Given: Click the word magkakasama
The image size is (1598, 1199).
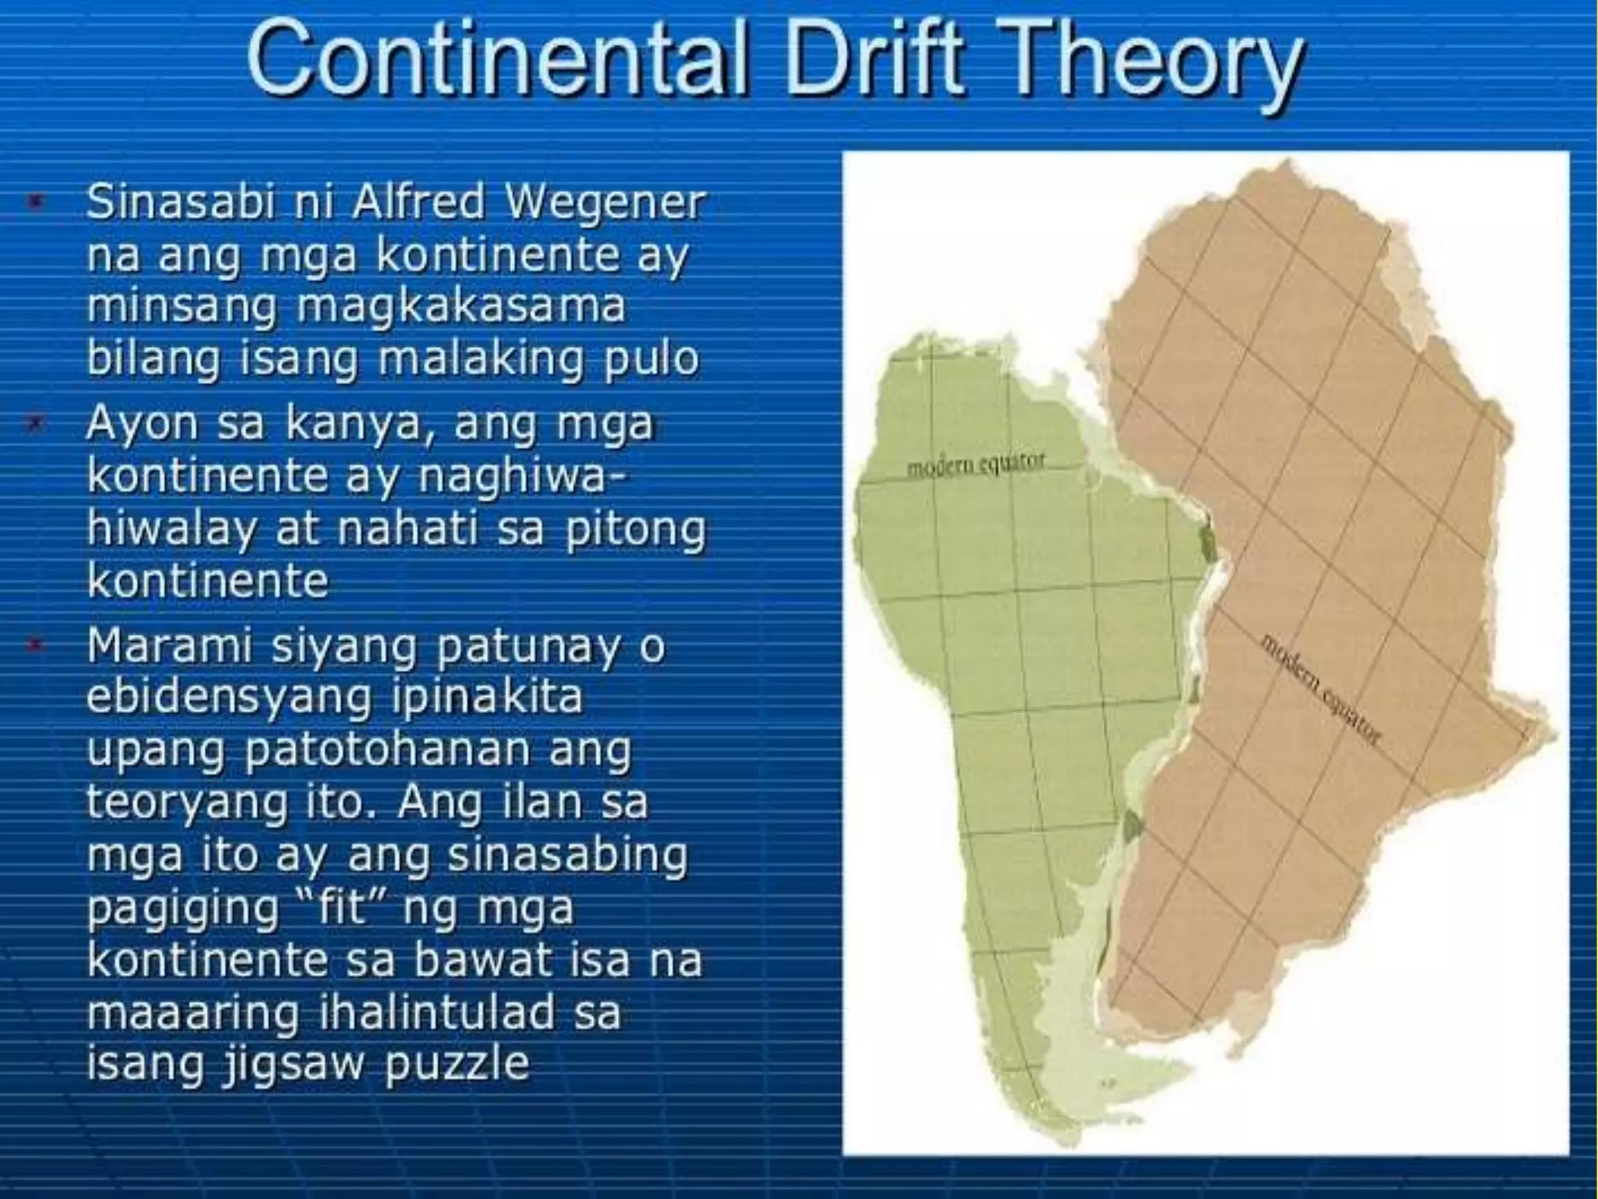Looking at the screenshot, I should (x=461, y=307).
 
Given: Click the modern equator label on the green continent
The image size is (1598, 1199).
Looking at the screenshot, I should (x=975, y=465).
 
